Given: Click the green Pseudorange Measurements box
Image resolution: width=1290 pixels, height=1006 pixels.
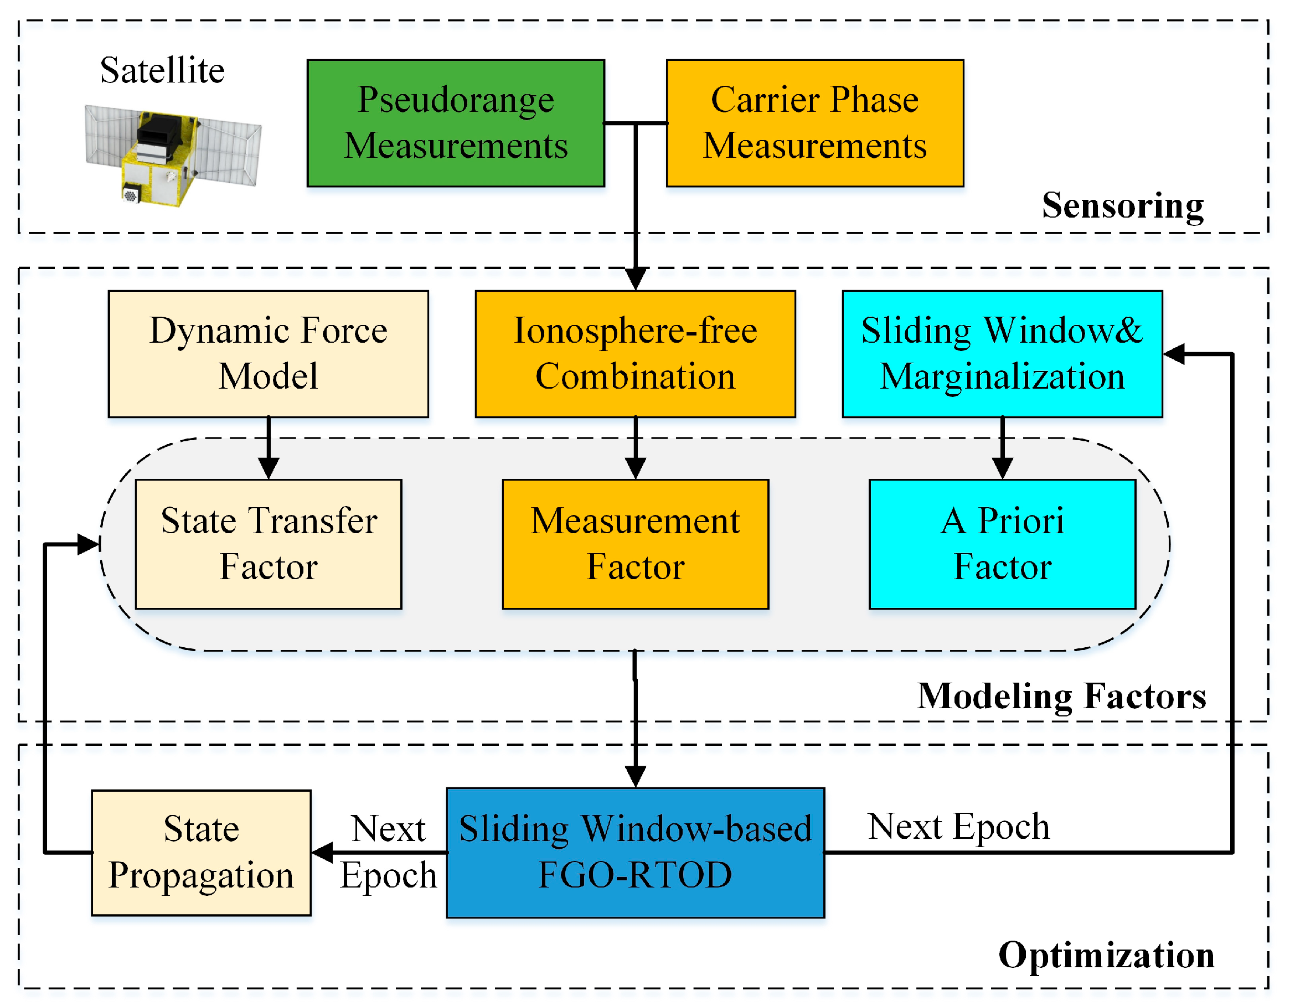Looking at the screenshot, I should coord(456,123).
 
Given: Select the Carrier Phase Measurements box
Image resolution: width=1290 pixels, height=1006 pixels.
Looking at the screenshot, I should coord(814,123).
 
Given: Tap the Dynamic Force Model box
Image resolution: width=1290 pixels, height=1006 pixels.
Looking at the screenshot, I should coord(268,353).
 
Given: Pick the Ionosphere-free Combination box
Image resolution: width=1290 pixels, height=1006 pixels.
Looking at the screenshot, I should coord(635,353).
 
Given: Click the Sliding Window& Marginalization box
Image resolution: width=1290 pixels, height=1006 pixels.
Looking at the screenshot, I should coord(1002,353).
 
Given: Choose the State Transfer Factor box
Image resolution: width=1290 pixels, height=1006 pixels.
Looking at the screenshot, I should coord(268,544).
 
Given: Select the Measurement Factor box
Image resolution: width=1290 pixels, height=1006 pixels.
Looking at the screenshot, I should coord(635,544).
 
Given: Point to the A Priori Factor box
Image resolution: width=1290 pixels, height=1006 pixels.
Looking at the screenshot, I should coord(1002,544).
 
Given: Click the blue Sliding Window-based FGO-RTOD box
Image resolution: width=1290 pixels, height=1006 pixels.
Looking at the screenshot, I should coord(635,852).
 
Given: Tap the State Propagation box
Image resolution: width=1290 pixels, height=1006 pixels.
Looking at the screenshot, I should coord(201,852).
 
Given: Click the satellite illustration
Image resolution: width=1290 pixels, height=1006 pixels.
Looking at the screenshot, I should coord(171,155).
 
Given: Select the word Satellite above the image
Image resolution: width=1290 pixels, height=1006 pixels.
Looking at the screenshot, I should coord(162,70).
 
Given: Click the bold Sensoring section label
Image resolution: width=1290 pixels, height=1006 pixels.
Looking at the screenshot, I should coord(1122,205).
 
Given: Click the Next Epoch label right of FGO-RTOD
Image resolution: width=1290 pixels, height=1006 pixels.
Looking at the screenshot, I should coord(958,826).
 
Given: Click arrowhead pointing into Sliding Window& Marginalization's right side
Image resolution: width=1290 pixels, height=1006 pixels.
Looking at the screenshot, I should coord(1174,353).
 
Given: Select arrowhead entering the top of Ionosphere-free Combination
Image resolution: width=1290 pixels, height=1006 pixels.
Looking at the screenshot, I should coord(635,277).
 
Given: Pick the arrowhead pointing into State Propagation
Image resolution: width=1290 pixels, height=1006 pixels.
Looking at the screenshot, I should coord(322,852).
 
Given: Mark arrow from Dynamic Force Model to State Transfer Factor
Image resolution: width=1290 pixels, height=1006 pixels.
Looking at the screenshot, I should coord(268,449).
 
